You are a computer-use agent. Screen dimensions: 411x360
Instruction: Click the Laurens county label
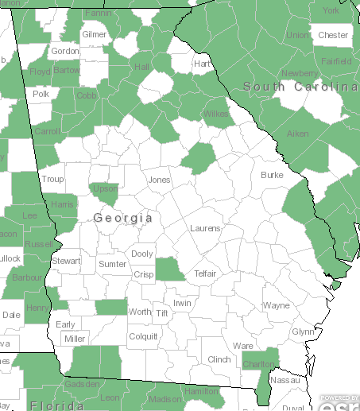tap(205, 228)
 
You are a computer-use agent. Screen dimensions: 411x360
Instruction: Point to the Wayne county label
tap(277, 305)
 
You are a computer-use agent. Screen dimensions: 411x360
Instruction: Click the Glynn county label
tap(303, 332)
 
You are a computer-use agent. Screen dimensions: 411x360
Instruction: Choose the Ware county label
tap(242, 346)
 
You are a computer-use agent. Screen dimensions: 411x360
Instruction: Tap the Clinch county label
tap(219, 359)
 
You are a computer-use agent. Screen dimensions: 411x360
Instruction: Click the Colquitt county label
tap(143, 336)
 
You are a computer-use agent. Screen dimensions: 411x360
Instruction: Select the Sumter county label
tap(113, 263)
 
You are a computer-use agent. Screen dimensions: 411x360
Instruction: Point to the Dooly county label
tap(142, 254)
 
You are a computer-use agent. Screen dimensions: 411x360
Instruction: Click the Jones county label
tap(159, 180)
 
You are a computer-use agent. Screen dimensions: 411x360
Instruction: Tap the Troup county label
tap(52, 180)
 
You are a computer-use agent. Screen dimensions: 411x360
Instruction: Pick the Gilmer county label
tap(94, 35)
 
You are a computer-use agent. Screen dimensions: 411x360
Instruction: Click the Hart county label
tap(202, 64)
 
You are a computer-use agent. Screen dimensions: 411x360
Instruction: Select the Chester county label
tap(333, 35)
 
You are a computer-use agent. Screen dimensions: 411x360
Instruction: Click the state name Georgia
tap(122, 217)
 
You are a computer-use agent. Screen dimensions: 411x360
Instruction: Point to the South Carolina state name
tap(300, 86)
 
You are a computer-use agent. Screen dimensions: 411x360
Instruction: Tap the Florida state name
tap(57, 405)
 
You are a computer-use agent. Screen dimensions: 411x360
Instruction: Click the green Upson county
tap(105, 192)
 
